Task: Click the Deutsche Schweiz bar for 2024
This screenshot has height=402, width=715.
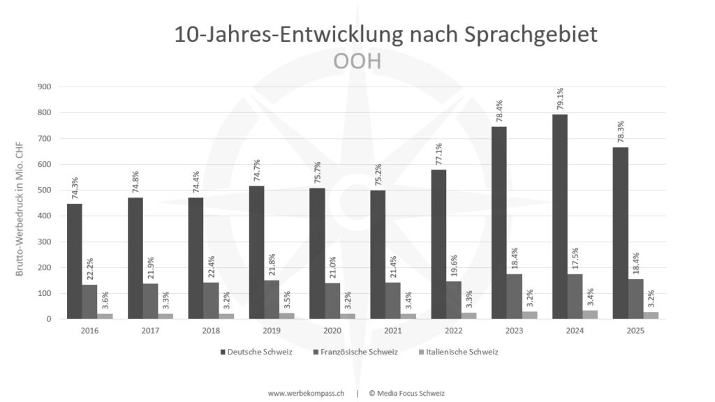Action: pos(559,216)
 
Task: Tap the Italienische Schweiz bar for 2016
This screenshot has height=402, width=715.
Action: pos(105,316)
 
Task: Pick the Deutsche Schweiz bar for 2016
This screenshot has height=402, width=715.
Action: pos(75,261)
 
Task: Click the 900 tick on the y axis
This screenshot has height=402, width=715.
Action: pos(46,87)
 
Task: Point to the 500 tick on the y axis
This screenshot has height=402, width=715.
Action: pos(46,190)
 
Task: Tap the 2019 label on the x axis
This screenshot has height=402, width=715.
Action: pos(271,330)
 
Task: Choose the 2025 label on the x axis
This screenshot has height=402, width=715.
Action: pos(635,330)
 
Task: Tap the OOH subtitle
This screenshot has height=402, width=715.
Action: pos(357,61)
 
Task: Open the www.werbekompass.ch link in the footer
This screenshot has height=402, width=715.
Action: pos(306,393)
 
